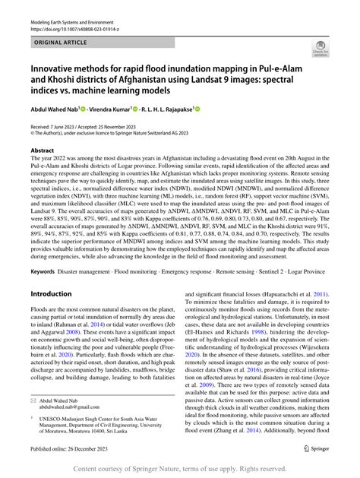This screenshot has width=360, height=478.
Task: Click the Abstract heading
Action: (x=43, y=150)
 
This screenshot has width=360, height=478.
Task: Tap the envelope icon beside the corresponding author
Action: (x=35, y=419)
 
